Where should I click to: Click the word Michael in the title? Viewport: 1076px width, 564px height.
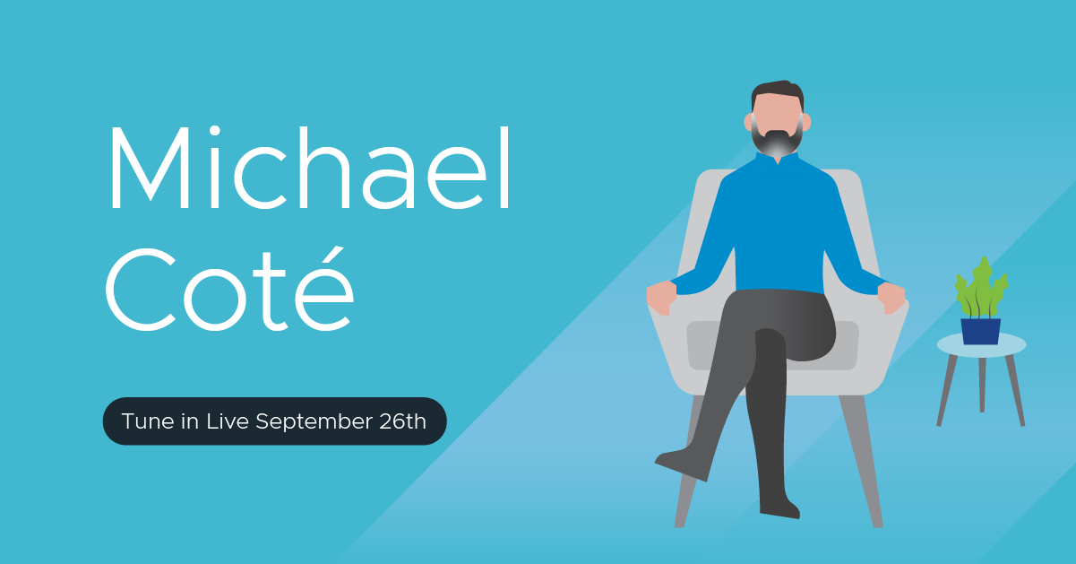pos(310,168)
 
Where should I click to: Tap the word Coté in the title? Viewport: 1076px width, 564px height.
pos(229,289)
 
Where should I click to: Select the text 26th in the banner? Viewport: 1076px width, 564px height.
pos(402,421)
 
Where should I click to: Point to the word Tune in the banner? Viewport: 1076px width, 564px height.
pos(148,421)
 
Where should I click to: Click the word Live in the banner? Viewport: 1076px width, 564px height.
pos(228,421)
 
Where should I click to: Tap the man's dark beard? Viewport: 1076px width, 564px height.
pos(778,142)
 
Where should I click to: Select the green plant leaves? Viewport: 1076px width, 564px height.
pos(981,289)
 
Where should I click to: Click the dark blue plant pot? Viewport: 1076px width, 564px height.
pos(981,331)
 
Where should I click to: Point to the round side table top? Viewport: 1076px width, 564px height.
pos(981,345)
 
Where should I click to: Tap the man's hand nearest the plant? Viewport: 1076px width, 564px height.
pos(891,298)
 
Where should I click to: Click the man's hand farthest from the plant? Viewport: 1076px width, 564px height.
pos(661,298)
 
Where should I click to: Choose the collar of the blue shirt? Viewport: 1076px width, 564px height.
pos(778,159)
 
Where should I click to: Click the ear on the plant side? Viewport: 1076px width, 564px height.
pos(807,122)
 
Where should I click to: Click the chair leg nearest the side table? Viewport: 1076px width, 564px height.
pos(862,461)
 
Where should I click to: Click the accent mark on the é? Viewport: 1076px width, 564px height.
pos(335,255)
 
